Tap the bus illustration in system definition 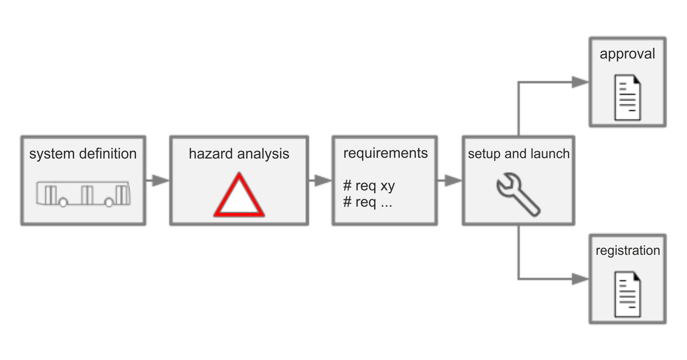[x=83, y=194]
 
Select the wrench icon [x=518, y=194]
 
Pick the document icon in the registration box [x=627, y=294]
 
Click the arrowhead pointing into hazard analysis [x=160, y=181]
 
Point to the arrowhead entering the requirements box [x=323, y=181]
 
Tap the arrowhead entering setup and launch [x=453, y=181]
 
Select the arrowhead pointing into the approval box [x=580, y=82]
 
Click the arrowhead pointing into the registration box [x=580, y=279]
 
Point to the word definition [x=108, y=154]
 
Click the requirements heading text [x=385, y=153]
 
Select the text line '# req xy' [x=369, y=185]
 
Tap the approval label [x=627, y=54]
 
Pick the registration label [x=628, y=251]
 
